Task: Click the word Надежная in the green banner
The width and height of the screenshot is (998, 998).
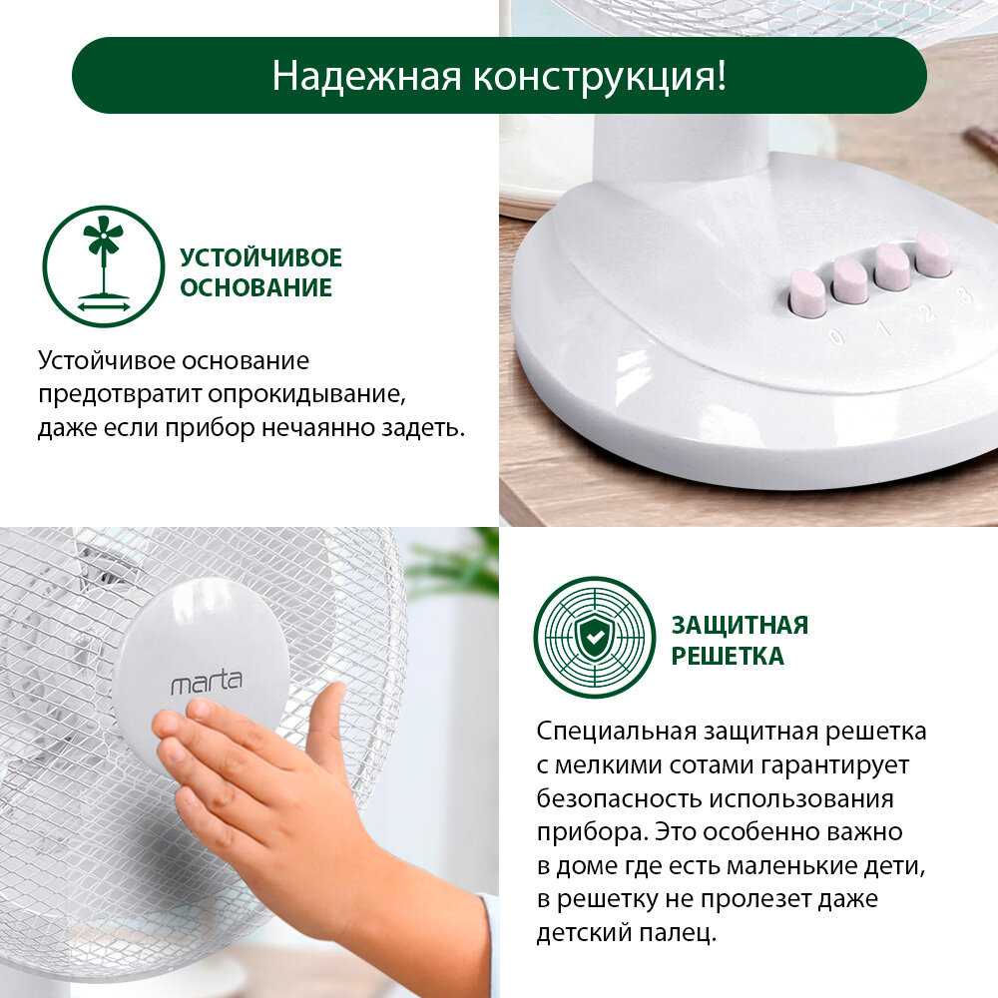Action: (366, 76)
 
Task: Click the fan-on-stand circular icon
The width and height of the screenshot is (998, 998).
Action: (103, 266)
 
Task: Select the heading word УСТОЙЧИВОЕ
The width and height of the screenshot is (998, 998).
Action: (260, 257)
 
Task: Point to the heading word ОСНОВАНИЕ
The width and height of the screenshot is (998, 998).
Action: (255, 287)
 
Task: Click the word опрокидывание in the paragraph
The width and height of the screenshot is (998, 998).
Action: (306, 394)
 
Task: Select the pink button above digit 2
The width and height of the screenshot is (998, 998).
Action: (891, 265)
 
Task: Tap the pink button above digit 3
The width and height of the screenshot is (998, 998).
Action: (932, 253)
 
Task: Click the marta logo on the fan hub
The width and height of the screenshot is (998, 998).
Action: (207, 682)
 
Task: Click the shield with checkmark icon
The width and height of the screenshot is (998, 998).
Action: (595, 637)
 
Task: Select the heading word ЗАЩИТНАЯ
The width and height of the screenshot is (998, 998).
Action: (740, 625)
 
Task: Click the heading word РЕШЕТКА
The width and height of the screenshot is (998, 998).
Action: (728, 656)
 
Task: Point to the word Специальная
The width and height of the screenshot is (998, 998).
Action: (616, 731)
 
